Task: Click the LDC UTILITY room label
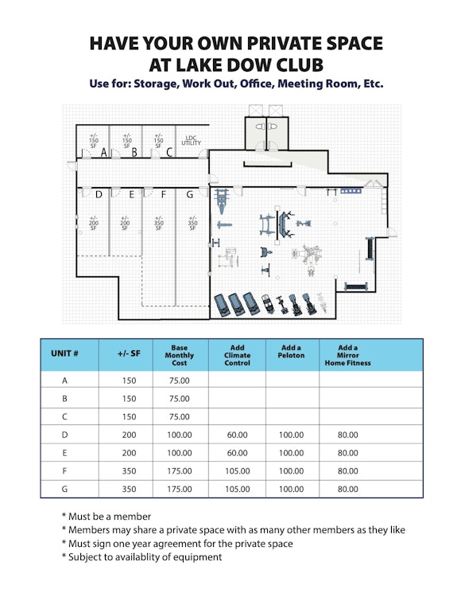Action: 191,140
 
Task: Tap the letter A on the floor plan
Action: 104,153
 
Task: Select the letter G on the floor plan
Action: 190,195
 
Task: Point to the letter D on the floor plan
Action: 99,195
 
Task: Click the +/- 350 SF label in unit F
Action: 158,223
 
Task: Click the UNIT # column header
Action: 64,353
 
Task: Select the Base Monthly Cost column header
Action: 180,355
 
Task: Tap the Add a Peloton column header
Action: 291,351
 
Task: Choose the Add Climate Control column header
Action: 237,355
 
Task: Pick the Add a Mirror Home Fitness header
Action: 348,355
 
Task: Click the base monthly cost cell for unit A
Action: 180,380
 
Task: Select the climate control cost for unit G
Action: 238,489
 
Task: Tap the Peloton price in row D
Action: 292,435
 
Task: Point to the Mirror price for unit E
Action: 348,453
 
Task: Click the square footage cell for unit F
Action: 130,471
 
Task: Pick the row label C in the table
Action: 64,417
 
